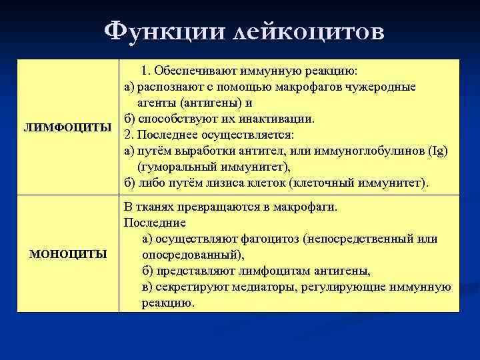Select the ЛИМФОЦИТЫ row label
pos(68,127)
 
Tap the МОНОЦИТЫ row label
pos(68,254)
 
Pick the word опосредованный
pos(188,255)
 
